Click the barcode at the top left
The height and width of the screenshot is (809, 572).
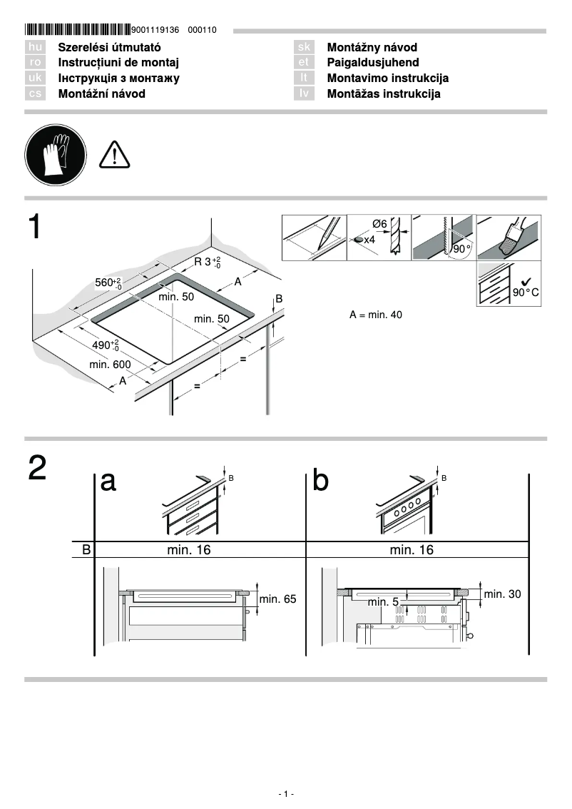pos(78,29)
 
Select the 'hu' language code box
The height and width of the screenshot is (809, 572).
pos(35,47)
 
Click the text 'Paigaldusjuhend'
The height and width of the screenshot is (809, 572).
pos(373,63)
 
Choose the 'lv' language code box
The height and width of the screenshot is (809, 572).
pos(304,93)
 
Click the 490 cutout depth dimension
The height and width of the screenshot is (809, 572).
pos(106,346)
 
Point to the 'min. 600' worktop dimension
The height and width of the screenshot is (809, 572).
pos(110,365)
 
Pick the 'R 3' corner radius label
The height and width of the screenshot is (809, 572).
pos(208,262)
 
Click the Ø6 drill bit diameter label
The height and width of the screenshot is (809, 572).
pos(379,224)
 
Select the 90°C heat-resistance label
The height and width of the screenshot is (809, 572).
pos(526,292)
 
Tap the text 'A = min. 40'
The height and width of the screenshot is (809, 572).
pos(376,315)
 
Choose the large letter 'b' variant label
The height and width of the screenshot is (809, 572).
pos(321,482)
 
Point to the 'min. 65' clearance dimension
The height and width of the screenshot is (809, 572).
pos(277,599)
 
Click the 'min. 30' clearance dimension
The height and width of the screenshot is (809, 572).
pos(502,594)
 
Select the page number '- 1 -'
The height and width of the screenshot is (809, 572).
pos(286,794)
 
